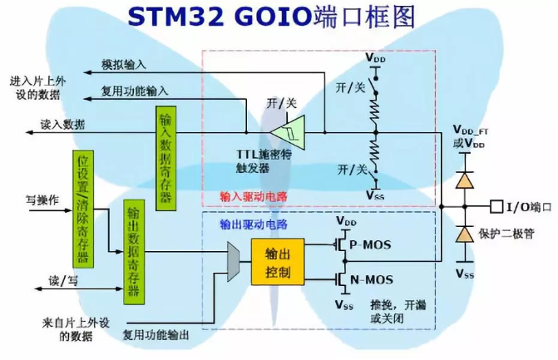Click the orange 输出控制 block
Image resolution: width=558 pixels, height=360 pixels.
point(278,262)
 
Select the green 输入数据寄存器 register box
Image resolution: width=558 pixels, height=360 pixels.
point(166,158)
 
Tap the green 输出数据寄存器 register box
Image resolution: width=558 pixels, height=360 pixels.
point(134,252)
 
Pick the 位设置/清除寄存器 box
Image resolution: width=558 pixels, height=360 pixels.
point(83,209)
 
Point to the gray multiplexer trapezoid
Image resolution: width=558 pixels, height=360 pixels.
point(233,261)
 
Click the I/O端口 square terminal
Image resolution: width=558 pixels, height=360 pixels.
point(496,206)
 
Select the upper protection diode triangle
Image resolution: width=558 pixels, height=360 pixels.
point(464,180)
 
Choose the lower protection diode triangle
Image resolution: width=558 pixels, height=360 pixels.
point(464,234)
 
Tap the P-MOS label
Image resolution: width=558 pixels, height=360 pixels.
point(370,244)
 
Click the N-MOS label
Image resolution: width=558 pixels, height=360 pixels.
point(372,279)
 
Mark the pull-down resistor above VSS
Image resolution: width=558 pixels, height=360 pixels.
point(376,152)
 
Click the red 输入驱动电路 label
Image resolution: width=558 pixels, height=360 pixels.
point(254,196)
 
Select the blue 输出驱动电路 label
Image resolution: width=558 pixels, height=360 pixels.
point(254,224)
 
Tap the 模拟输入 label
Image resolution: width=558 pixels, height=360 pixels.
point(124,64)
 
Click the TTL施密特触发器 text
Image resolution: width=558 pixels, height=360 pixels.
point(264,160)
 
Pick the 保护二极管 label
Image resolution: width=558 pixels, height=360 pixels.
point(506,234)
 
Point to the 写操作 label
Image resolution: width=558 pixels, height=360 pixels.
point(42,200)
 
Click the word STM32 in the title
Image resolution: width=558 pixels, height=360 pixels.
point(175,17)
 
